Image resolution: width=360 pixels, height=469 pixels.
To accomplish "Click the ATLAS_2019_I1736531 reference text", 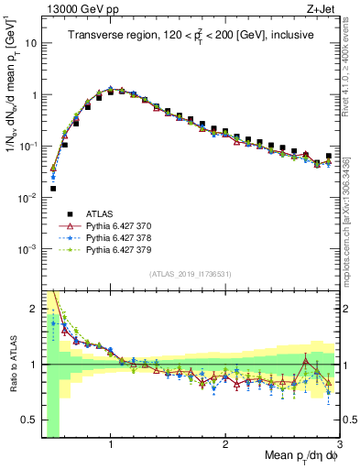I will [190, 274].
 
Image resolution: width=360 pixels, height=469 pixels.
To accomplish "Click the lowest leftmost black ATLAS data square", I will [53, 188].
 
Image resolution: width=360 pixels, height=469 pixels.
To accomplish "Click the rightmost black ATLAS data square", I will [329, 156].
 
